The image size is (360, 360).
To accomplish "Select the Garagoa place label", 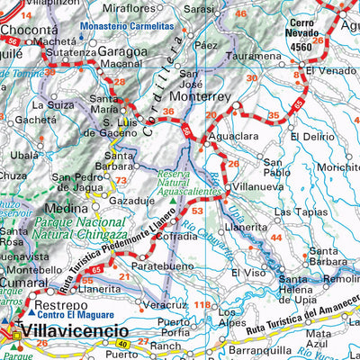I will pos(116,51).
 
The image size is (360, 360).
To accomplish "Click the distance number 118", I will pos(202,306).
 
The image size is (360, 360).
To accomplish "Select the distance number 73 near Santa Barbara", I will pos(120,180).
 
